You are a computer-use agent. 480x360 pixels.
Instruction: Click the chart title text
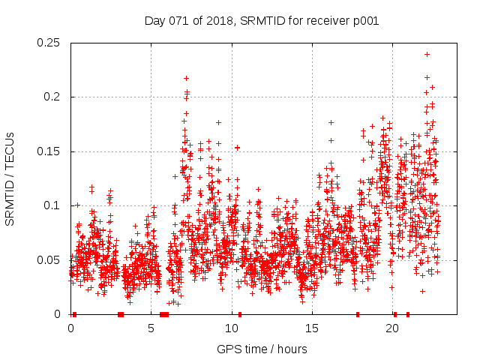pos(261,21)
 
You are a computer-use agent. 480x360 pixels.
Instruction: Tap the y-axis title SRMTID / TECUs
pos(10,178)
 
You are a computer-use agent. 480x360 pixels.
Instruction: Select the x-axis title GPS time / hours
pos(262,349)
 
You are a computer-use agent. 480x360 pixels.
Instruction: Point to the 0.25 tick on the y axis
pos(49,43)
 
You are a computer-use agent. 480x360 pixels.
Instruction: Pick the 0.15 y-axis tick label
pos(49,151)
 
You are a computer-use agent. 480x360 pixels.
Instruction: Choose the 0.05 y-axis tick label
pos(49,260)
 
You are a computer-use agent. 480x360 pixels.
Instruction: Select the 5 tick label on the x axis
pos(151,328)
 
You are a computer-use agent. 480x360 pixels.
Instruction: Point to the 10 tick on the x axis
pos(232,328)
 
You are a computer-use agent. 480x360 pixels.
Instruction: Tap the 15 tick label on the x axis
pos(312,328)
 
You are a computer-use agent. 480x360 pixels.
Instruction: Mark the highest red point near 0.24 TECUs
pos(427,54)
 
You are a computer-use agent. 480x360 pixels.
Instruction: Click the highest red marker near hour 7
pos(186,78)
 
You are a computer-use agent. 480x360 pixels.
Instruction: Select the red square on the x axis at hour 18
pos(358,314)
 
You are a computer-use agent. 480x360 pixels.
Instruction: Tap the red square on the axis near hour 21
pos(408,314)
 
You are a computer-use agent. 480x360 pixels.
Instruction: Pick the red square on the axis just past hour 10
pos(240,314)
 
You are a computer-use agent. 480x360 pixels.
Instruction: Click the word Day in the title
pos(154,21)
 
